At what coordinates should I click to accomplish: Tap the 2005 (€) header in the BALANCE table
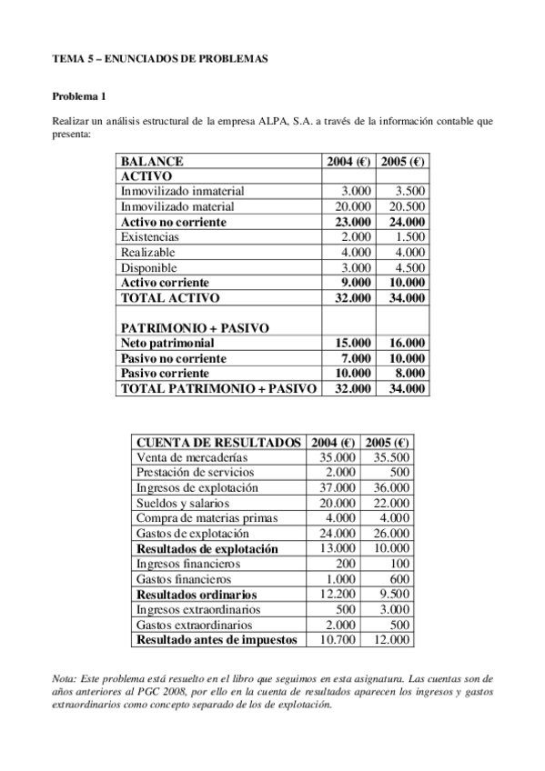pyautogui.click(x=403, y=160)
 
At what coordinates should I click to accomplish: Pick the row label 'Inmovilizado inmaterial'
pyautogui.click(x=182, y=191)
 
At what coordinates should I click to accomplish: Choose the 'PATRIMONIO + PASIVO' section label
pyautogui.click(x=181, y=327)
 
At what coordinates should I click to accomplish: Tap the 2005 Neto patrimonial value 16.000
pyautogui.click(x=404, y=343)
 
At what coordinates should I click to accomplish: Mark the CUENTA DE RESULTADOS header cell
pyautogui.click(x=217, y=442)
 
